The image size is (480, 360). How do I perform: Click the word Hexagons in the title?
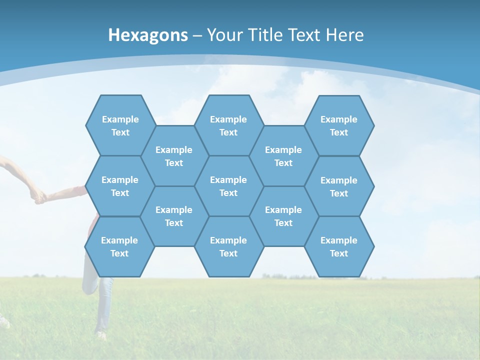point(148,35)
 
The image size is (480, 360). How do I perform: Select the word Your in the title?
point(223,35)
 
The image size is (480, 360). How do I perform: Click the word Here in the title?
point(345,35)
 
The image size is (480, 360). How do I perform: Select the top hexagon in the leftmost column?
point(120,125)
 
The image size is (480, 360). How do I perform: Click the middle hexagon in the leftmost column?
point(120,186)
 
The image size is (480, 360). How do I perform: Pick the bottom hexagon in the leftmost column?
point(119,246)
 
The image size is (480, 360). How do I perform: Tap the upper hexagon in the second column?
point(174,156)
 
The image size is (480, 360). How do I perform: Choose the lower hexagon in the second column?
point(174,216)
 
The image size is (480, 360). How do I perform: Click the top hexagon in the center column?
point(228,125)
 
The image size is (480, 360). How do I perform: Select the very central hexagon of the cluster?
point(228,186)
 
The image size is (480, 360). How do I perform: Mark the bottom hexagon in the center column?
point(228,246)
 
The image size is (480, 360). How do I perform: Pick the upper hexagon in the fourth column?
point(283,156)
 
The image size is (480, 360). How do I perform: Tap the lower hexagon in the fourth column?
point(283,216)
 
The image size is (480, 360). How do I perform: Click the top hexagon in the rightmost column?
point(339,125)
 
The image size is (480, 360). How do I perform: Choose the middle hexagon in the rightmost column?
point(339,186)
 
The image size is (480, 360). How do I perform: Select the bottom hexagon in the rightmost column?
point(339,246)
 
